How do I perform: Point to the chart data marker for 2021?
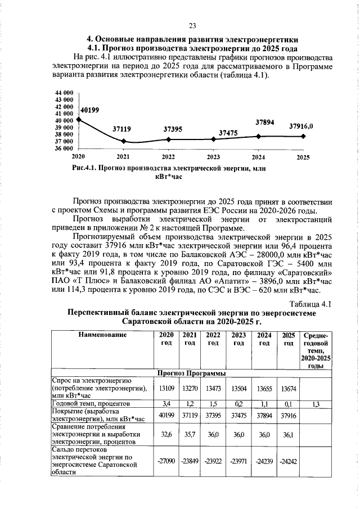coord(123,141)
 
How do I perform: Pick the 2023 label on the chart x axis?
coord(213,156)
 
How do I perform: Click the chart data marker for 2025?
coord(303,136)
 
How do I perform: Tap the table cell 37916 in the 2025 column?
coord(289,415)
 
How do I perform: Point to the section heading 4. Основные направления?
coord(192,39)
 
